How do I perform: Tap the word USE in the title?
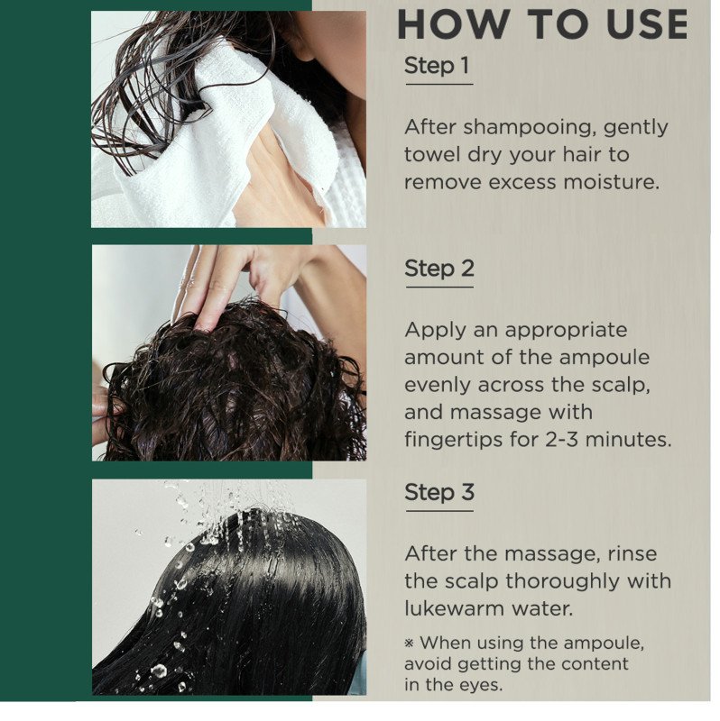[x=647, y=24]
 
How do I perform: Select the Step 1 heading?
[x=437, y=65]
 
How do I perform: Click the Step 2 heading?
[x=439, y=269]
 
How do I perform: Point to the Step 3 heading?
[x=439, y=492]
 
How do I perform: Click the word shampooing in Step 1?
[x=527, y=127]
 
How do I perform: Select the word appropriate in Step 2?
[x=566, y=331]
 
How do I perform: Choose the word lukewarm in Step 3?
[x=455, y=609]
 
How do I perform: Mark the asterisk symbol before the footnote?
[x=410, y=643]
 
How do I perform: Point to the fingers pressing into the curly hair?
[x=208, y=295]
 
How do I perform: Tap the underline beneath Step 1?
[x=439, y=84]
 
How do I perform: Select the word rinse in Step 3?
[x=632, y=554]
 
